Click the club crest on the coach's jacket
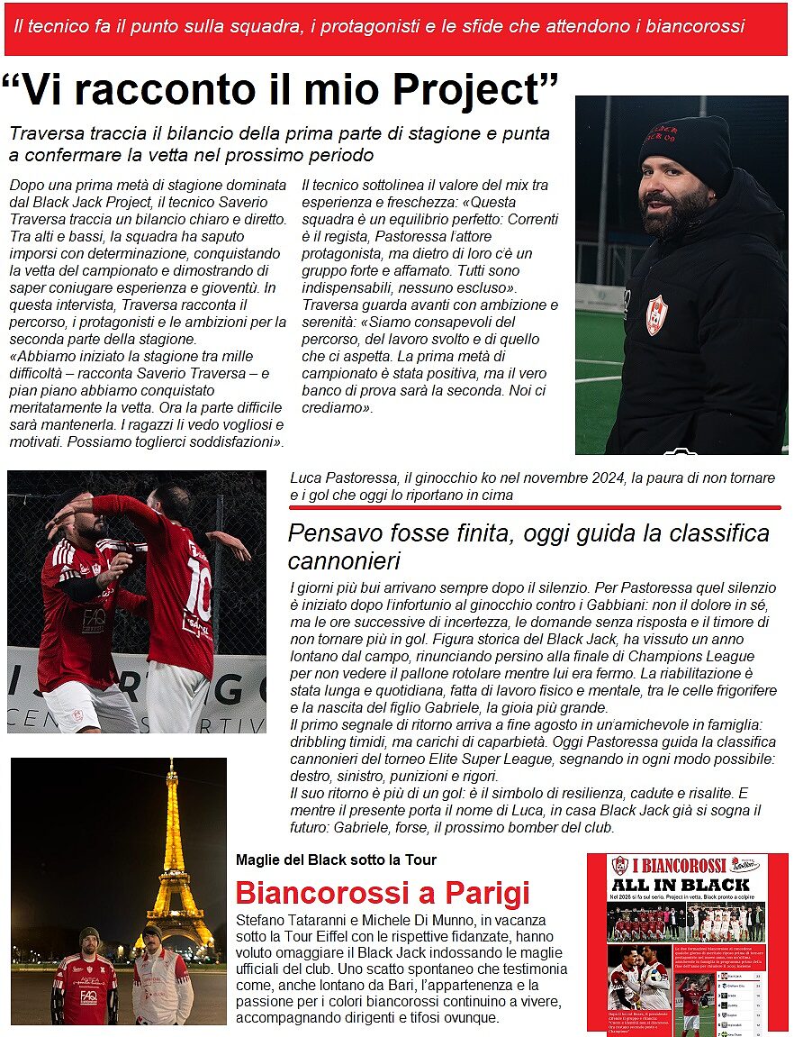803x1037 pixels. pos(656,315)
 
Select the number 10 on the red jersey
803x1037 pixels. pos(199,578)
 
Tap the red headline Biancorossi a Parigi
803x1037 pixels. pos(382,894)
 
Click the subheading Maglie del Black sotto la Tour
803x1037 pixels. pos(336,860)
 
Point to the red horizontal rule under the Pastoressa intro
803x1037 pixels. pos(535,508)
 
